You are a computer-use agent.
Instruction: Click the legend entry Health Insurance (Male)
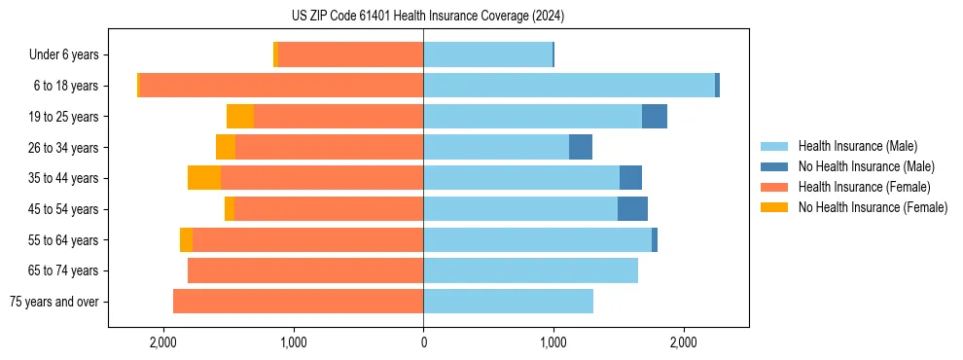coord(857,146)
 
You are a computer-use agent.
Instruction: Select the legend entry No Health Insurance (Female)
coord(873,207)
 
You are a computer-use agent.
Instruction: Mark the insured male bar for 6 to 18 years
coord(569,86)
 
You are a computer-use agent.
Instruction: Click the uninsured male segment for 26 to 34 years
coord(581,147)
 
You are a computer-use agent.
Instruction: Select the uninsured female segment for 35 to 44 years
coord(204,178)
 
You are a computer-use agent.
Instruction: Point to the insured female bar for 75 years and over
coord(298,302)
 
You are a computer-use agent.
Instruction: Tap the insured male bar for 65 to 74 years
coord(530,270)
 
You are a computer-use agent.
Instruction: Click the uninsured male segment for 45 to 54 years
coord(632,209)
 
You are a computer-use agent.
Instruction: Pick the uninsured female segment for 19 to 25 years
coord(240,117)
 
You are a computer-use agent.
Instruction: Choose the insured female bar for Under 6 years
coord(350,54)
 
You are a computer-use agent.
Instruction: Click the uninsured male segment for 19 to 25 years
coord(655,117)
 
